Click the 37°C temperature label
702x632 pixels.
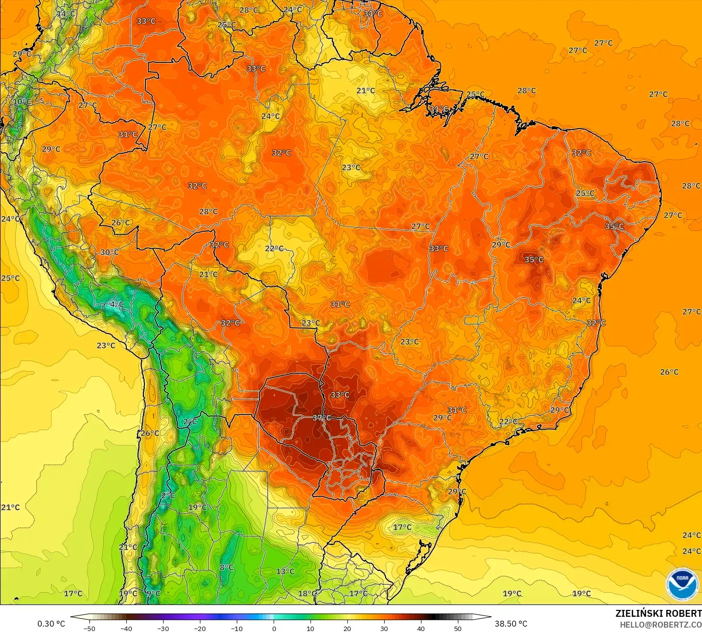pyautogui.click(x=322, y=418)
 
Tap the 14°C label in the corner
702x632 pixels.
pyautogui.click(x=65, y=14)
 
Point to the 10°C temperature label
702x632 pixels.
pyautogui.click(x=22, y=102)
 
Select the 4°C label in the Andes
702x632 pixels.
pyautogui.click(x=116, y=304)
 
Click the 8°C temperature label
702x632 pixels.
pyautogui.click(x=226, y=568)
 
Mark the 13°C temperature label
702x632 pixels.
pyautogui.click(x=285, y=572)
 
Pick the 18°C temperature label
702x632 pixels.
pyautogui.click(x=308, y=594)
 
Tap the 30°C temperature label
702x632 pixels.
pyautogui.click(x=110, y=252)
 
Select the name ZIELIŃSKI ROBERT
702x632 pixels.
pyautogui.click(x=658, y=614)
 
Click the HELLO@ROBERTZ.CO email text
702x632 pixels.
pyautogui.click(x=660, y=625)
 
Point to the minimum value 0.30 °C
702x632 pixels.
pyautogui.click(x=51, y=624)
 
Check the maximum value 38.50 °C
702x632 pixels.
pyautogui.click(x=511, y=624)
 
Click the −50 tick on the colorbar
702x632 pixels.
pyautogui.click(x=89, y=628)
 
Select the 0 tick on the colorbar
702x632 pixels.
pyautogui.click(x=274, y=628)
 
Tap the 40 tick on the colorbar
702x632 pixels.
pyautogui.click(x=421, y=628)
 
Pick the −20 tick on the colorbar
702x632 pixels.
pyautogui.click(x=199, y=628)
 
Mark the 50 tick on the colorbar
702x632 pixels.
pyautogui.click(x=457, y=628)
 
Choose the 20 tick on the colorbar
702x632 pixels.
pyautogui.click(x=347, y=628)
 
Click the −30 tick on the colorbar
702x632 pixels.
pyautogui.click(x=163, y=628)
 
